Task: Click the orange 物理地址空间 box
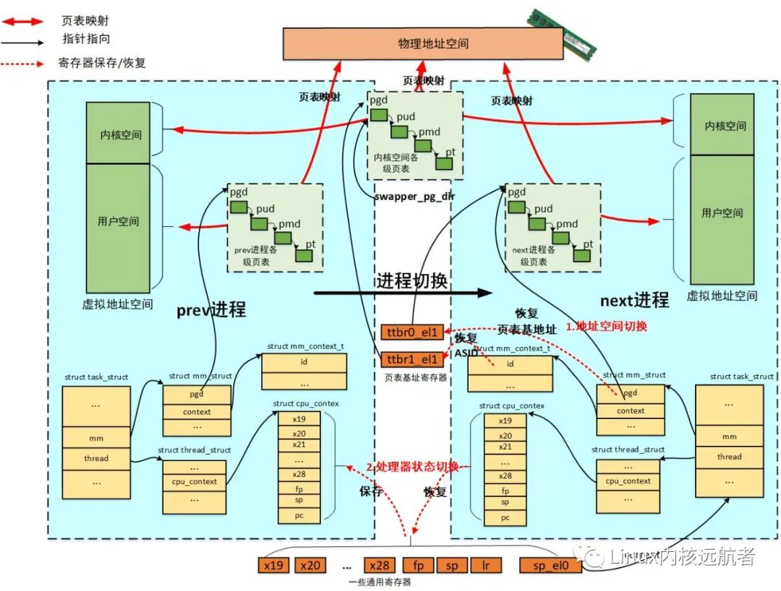tap(423, 43)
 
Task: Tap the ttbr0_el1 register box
tap(409, 332)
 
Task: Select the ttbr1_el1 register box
tap(409, 359)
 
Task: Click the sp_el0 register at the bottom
tap(550, 566)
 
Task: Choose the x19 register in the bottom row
tap(274, 566)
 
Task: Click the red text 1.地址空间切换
tap(606, 327)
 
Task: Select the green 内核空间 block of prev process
tap(118, 134)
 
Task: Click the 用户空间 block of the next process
tap(722, 212)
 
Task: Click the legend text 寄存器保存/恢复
tap(102, 63)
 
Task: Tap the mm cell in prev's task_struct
tap(96, 438)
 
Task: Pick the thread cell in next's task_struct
tap(729, 457)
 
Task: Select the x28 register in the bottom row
tap(380, 566)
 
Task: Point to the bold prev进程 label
tap(211, 310)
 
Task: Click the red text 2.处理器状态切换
tap(412, 467)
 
